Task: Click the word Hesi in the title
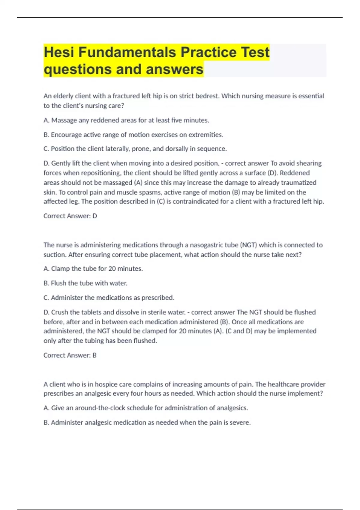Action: click(x=59, y=52)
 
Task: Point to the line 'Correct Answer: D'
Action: click(x=70, y=216)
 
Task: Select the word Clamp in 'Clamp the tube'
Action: click(x=60, y=268)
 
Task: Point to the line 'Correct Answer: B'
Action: click(x=70, y=355)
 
